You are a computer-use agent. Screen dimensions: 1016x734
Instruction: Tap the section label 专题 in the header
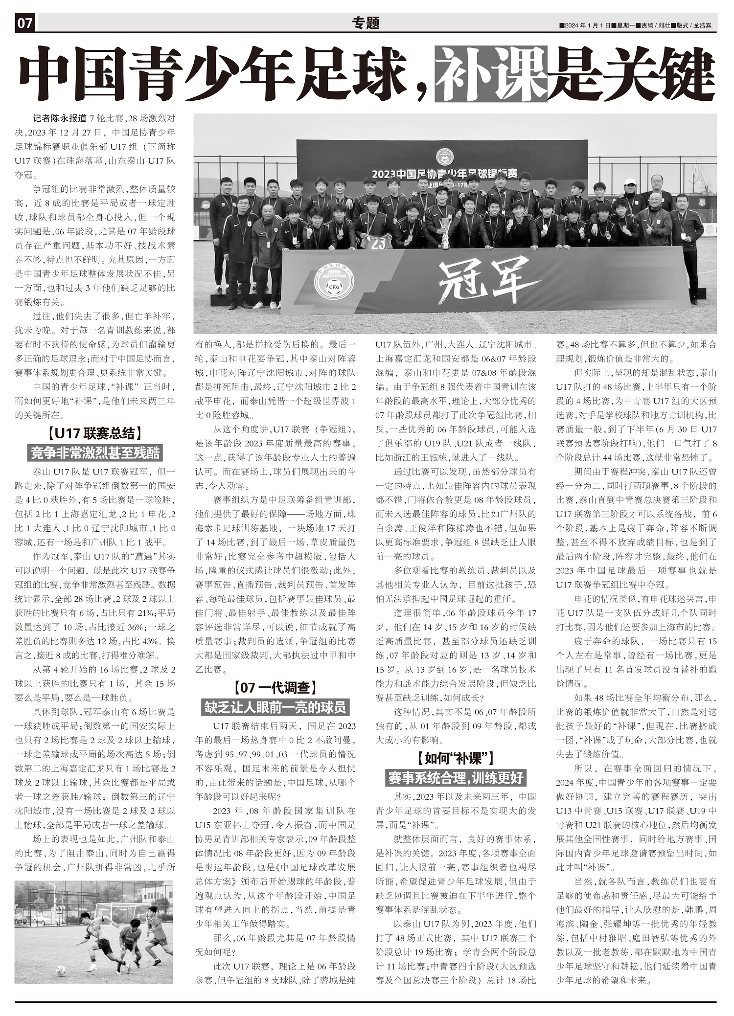click(x=366, y=23)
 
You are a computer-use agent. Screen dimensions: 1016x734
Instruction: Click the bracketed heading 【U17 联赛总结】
click(x=95, y=433)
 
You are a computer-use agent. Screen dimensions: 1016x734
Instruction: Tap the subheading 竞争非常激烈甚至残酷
click(x=95, y=453)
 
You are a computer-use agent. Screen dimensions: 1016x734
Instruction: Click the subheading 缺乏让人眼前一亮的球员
click(x=275, y=707)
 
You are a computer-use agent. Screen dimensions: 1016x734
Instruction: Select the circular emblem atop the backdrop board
click(x=445, y=157)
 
